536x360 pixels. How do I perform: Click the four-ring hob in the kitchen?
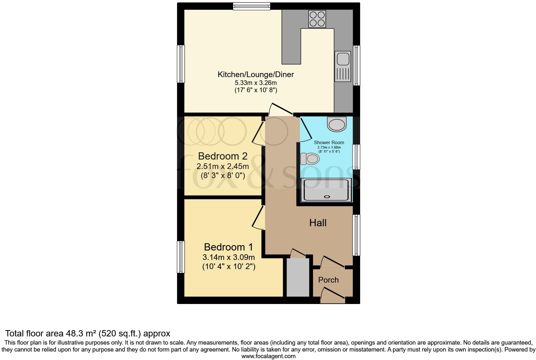pyautogui.click(x=317, y=19)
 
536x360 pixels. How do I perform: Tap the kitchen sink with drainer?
pyautogui.click(x=343, y=66)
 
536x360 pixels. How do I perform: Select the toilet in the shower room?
pyautogui.click(x=310, y=159)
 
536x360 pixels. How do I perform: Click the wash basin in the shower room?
pyautogui.click(x=337, y=124)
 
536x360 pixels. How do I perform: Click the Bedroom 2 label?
pyautogui.click(x=222, y=156)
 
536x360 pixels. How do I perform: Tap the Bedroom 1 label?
pyautogui.click(x=228, y=247)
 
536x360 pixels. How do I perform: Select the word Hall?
pyautogui.click(x=318, y=223)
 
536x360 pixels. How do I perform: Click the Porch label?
pyautogui.click(x=328, y=280)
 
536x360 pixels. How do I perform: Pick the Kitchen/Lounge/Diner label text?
pyautogui.click(x=256, y=75)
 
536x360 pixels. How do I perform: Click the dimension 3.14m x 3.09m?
pyautogui.click(x=229, y=257)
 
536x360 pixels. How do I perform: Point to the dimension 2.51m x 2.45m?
pyautogui.click(x=223, y=166)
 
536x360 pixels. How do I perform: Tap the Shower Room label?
pyautogui.click(x=329, y=143)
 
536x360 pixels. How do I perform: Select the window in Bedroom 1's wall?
pyautogui.click(x=181, y=257)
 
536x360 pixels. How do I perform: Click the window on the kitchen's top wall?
pyautogui.click(x=252, y=6)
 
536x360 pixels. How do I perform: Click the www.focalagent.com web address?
pyautogui.click(x=268, y=356)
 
